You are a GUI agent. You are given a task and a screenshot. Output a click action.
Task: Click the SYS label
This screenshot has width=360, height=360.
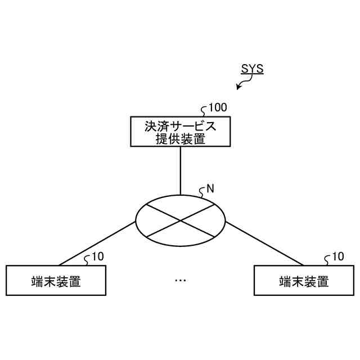(252, 69)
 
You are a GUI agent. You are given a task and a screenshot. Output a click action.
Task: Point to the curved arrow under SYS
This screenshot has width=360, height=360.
(243, 84)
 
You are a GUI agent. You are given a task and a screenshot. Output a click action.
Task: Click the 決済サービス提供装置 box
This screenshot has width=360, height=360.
(180, 132)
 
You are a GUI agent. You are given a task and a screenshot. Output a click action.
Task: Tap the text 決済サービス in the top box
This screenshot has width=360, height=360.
(180, 125)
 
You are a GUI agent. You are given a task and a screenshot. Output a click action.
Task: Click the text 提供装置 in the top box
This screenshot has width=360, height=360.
(180, 139)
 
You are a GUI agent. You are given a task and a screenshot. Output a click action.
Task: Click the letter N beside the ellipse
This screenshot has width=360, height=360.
(210, 189)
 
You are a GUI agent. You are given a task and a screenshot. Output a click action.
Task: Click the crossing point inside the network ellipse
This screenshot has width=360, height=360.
(180, 220)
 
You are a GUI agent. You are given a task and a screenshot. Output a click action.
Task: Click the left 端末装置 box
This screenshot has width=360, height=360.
(56, 280)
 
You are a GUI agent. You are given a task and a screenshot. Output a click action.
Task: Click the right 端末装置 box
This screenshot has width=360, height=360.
(304, 280)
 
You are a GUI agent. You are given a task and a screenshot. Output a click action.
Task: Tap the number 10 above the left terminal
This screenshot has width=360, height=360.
(97, 257)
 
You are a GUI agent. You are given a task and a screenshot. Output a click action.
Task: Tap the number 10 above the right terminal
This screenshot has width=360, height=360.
(337, 257)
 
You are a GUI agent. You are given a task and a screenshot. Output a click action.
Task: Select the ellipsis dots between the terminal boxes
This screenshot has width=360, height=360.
(180, 280)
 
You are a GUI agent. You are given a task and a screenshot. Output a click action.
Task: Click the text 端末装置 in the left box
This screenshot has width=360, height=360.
(56, 281)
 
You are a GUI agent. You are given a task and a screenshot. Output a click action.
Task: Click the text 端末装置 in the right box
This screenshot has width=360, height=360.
(304, 281)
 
